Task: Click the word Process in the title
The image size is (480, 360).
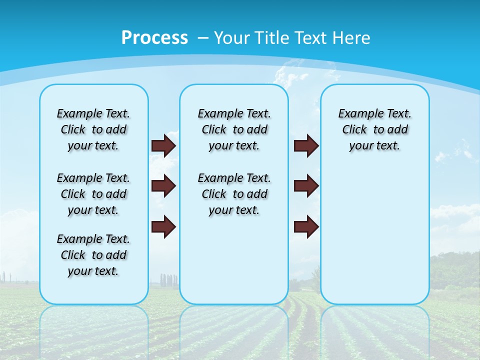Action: [154, 37]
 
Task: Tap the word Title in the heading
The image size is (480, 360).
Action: [270, 37]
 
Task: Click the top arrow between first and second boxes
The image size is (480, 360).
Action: [163, 145]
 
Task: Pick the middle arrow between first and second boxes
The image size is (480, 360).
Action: [163, 186]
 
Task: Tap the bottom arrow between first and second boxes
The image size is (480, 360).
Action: [163, 226]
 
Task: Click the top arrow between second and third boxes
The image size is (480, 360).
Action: [306, 145]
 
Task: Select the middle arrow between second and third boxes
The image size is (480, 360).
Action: [306, 186]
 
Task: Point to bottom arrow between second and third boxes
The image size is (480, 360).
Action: [306, 226]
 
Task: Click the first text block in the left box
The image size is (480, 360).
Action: [93, 129]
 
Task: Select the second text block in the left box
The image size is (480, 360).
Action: [93, 194]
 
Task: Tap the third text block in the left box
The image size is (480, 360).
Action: [93, 255]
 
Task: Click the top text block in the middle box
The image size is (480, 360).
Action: [234, 129]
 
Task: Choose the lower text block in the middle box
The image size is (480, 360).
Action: [234, 194]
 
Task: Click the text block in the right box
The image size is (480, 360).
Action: [374, 129]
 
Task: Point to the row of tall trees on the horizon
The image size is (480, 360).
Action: [168, 279]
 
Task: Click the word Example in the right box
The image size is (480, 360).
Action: [356, 113]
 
